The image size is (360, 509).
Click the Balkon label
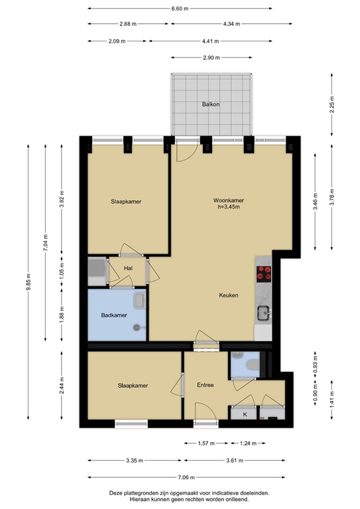point(211,105)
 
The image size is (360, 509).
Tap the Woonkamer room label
point(228,200)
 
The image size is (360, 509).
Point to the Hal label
point(129,269)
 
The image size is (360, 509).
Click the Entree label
point(205,385)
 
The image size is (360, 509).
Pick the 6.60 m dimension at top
point(179,9)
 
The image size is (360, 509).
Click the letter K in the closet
point(245,414)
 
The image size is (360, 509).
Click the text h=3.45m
point(228,207)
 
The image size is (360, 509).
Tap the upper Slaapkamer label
point(126,201)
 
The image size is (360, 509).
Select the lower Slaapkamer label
point(133,385)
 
